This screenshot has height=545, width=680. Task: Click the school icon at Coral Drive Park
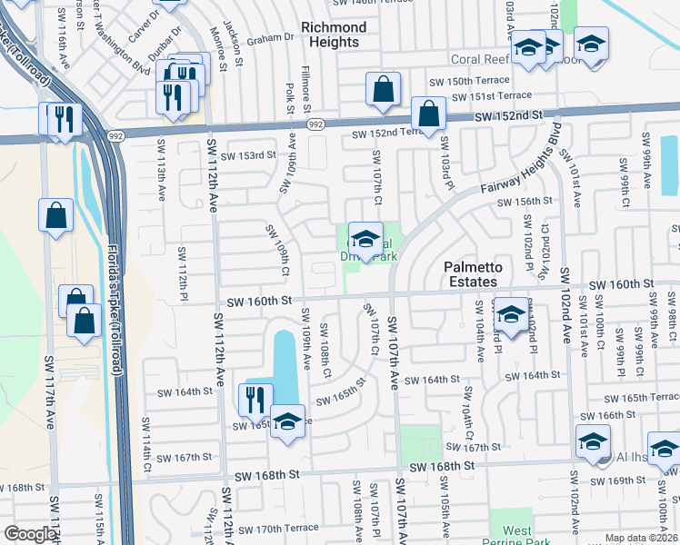pos(365,240)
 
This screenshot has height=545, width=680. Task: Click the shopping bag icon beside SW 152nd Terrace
pos(428,114)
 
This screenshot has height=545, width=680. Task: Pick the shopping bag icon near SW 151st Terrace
pos(383,89)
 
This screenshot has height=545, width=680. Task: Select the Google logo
pos(30,534)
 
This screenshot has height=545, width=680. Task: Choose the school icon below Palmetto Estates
pos(511,314)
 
